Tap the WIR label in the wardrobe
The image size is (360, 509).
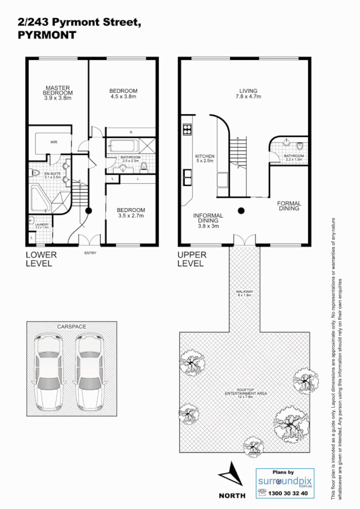pyautogui.click(x=54, y=143)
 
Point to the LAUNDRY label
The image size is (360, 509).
pyautogui.click(x=42, y=224)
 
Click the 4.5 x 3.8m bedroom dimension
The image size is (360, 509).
pyautogui.click(x=123, y=97)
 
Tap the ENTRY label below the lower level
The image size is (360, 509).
pyautogui.click(x=90, y=253)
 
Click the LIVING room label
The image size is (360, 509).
pyautogui.click(x=248, y=90)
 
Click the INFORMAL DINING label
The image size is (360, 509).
pyautogui.click(x=208, y=218)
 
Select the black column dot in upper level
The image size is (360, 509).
pyautogui.click(x=241, y=210)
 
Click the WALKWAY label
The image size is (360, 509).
pyautogui.click(x=244, y=292)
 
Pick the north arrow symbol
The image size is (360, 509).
pyautogui.click(x=232, y=475)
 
